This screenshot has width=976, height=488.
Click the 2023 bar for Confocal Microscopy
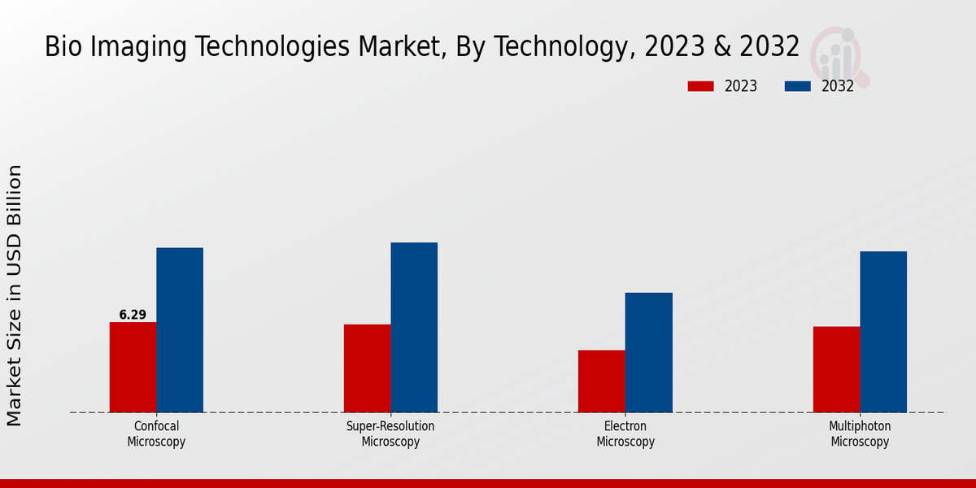pyautogui.click(x=133, y=368)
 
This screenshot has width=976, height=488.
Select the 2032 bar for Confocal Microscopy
pyautogui.click(x=180, y=330)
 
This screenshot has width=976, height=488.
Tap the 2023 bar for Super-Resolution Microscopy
pyautogui.click(x=367, y=368)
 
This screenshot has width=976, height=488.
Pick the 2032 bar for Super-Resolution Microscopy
pyautogui.click(x=414, y=328)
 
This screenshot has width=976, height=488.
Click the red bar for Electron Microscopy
pyautogui.click(x=602, y=381)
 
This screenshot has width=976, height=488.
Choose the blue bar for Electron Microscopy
pyautogui.click(x=649, y=352)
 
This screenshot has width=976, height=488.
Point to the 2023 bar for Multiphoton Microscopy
pyautogui.click(x=836, y=369)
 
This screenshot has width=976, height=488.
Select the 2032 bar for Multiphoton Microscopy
pyautogui.click(x=883, y=332)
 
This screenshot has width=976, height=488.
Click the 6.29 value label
pyautogui.click(x=133, y=315)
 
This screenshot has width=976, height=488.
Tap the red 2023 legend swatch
pyautogui.click(x=700, y=86)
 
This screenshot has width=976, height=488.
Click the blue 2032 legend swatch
pyautogui.click(x=798, y=86)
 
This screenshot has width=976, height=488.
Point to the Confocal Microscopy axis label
pyautogui.click(x=156, y=434)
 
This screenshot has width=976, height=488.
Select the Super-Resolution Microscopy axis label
pyautogui.click(x=390, y=434)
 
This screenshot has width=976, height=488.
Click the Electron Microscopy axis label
pyautogui.click(x=625, y=434)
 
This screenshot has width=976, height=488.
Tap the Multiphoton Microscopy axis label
pyautogui.click(x=860, y=434)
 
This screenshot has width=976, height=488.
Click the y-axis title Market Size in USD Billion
pyautogui.click(x=15, y=295)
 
